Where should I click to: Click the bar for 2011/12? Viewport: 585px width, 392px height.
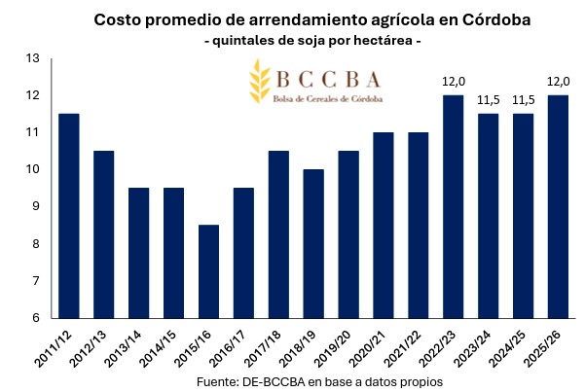(69, 216)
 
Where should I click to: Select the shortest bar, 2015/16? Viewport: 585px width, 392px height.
(209, 271)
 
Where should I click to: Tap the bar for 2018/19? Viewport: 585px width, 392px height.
(313, 244)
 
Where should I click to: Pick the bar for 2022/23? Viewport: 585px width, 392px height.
(454, 206)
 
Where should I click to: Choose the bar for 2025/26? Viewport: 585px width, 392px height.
(558, 206)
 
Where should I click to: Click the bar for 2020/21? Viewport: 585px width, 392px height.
(384, 225)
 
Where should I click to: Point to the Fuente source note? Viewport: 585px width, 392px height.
(320, 380)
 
